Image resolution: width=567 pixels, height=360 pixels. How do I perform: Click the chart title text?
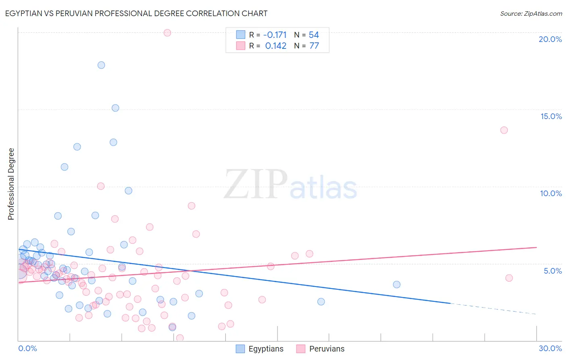point(136,13)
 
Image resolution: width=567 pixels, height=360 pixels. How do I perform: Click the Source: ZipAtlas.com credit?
point(531,13)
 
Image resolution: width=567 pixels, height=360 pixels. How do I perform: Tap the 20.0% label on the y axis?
point(550,39)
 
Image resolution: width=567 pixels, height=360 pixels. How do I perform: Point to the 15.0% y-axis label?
point(551,116)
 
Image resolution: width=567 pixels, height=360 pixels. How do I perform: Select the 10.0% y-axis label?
point(551,193)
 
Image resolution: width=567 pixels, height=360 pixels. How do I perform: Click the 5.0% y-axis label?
point(552,271)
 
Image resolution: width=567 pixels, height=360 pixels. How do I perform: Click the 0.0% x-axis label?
point(27,348)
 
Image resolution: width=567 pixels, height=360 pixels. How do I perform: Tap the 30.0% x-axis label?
point(550,348)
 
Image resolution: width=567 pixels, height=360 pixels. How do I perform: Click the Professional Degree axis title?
point(11,184)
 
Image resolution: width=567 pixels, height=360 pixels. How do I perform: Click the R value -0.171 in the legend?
point(275,35)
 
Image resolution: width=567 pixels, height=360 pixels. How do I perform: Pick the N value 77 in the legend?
point(314,46)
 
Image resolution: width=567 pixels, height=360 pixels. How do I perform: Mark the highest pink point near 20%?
point(167,33)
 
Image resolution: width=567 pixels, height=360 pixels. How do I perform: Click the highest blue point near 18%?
point(101,65)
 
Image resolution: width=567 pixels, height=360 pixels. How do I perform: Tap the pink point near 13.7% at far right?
point(504,130)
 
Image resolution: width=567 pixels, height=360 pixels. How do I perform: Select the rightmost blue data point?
point(396,285)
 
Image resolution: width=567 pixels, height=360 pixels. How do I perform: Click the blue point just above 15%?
point(115,108)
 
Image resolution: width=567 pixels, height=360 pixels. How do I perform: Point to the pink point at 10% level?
point(101,186)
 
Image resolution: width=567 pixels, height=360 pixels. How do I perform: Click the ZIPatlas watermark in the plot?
point(290,184)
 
